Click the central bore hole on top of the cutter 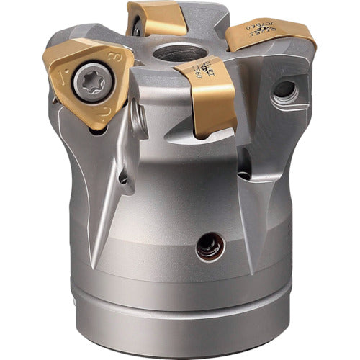176,53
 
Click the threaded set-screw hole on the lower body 210,248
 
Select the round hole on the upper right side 285,90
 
